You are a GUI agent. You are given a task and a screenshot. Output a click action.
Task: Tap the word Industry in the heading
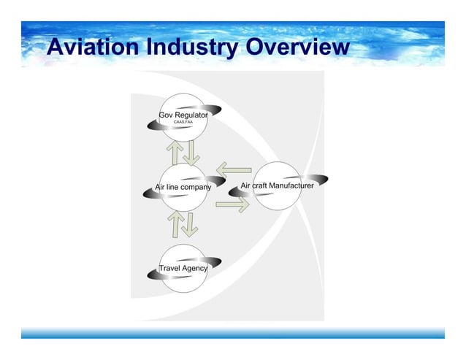tap(191, 47)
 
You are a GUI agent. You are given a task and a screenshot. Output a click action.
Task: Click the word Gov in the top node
tap(167, 115)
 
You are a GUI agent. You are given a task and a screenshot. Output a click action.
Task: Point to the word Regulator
tap(191, 115)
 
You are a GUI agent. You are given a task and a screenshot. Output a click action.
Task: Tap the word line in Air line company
tap(174, 187)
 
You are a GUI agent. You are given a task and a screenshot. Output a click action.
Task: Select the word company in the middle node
tap(197, 187)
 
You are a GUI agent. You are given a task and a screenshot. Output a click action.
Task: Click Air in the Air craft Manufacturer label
tap(246, 186)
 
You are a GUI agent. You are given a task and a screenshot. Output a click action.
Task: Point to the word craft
tap(261, 186)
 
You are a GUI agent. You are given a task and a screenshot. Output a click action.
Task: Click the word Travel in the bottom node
tap(170, 268)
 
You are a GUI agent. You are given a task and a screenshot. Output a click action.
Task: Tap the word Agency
tap(195, 268)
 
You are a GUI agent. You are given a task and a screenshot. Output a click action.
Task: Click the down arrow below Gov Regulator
tap(191, 152)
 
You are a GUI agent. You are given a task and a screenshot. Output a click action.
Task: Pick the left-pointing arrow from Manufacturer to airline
tap(234, 172)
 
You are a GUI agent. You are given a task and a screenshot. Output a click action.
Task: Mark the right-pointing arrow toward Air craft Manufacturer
tap(233, 204)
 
